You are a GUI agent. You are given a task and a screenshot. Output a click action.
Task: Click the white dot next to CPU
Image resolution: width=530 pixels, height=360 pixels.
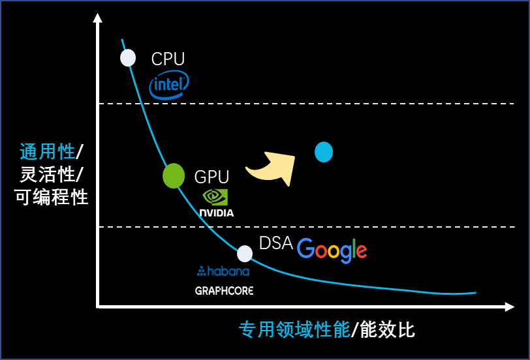[128, 57]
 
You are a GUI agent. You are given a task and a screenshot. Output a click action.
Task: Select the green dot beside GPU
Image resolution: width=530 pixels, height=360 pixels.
[174, 175]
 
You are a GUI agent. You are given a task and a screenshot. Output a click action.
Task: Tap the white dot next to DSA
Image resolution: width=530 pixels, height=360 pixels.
[245, 254]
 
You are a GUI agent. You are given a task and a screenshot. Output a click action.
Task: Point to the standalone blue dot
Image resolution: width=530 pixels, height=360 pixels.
[324, 152]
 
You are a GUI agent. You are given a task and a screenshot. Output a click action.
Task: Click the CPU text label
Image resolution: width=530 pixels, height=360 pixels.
[168, 59]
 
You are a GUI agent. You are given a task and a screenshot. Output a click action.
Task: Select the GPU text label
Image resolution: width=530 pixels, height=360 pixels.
[211, 177]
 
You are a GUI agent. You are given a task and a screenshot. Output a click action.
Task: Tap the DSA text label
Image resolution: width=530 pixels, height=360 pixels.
[275, 243]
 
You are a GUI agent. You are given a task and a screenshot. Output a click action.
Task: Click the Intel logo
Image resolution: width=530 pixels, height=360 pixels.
[169, 85]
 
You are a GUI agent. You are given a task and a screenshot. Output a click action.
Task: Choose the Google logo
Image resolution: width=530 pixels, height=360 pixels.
[332, 250]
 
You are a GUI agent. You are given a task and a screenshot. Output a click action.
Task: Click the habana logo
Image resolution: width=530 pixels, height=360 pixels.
[223, 271]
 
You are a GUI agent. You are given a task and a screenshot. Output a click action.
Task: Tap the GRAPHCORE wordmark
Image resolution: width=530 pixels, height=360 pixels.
[224, 290]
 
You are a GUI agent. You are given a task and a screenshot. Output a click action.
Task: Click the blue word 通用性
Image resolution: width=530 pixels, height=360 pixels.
[48, 152]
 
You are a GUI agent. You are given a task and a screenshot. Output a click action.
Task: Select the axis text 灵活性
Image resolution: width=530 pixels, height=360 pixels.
[48, 174]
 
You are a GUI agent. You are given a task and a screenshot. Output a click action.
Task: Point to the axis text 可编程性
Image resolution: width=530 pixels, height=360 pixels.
[52, 196]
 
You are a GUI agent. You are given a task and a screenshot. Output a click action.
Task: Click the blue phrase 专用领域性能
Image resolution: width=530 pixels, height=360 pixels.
[294, 329]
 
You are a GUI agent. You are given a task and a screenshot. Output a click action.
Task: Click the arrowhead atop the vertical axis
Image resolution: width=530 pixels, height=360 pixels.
[98, 17]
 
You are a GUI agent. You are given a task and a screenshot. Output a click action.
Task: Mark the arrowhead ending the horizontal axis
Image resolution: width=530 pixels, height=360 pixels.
[510, 307]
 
